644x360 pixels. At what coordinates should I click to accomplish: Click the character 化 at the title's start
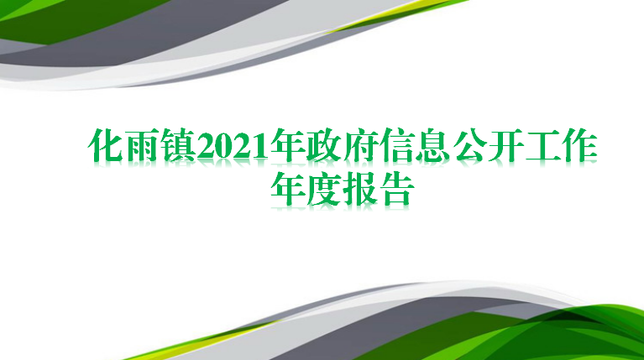(x=106, y=145)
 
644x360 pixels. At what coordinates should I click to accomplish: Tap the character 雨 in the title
(x=142, y=145)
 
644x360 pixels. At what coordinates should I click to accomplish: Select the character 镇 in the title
(x=178, y=145)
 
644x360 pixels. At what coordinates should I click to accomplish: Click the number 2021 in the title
(x=233, y=147)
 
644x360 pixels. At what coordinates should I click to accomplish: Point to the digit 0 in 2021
(x=224, y=147)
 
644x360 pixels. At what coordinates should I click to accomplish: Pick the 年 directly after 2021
(x=287, y=145)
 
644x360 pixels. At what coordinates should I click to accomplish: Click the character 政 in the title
(x=323, y=145)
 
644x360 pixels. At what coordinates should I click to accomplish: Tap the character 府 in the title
(x=360, y=145)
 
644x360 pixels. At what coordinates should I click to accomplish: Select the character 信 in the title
(x=397, y=145)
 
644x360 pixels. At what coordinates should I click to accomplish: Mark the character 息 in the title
(x=433, y=145)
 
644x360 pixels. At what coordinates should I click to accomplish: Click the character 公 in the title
(x=469, y=145)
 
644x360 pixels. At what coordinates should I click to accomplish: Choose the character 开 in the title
(x=506, y=145)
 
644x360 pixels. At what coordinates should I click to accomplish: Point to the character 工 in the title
(x=542, y=145)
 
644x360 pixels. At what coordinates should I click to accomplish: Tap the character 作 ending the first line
(x=579, y=145)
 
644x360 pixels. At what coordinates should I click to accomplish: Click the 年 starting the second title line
(x=287, y=190)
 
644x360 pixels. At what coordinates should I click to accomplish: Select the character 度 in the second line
(x=323, y=190)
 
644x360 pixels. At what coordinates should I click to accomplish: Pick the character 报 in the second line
(x=360, y=190)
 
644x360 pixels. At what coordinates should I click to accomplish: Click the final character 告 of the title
(x=397, y=190)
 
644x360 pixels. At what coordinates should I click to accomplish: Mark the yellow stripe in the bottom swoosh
(x=197, y=342)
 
